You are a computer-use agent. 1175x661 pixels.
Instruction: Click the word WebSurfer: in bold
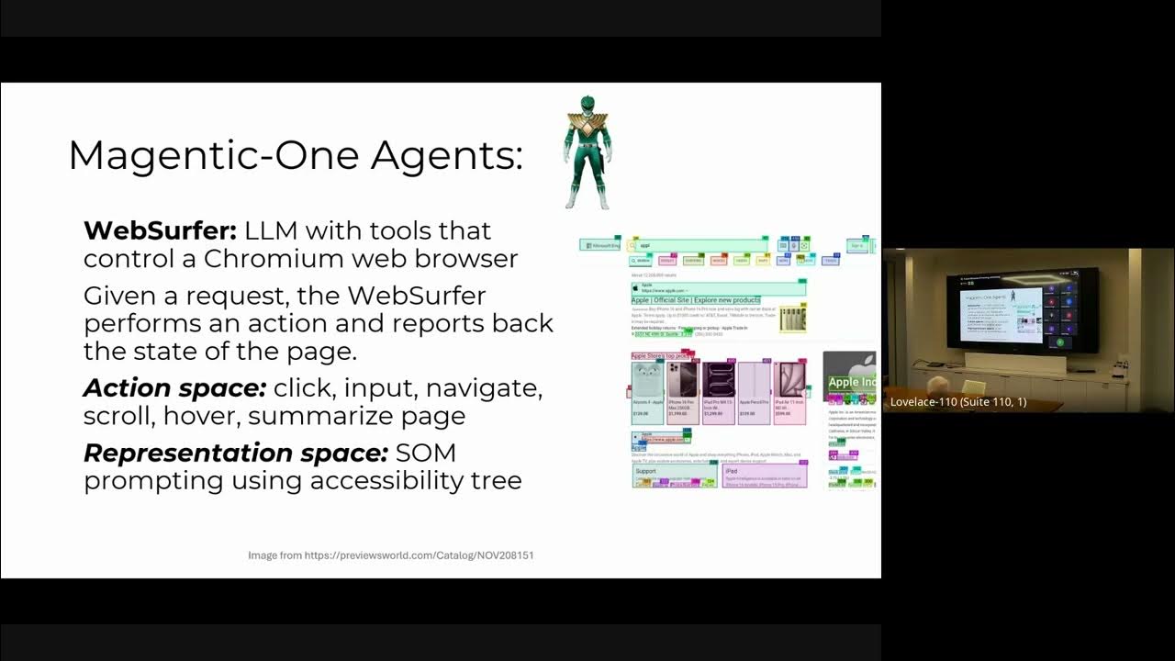[x=161, y=230]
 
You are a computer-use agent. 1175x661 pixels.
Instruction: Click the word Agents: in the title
[x=447, y=155]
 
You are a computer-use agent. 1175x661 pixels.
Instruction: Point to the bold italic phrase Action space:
[x=174, y=387]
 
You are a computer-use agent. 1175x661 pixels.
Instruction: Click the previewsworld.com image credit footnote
[x=391, y=555]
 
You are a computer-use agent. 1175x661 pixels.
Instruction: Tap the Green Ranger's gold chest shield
[x=587, y=123]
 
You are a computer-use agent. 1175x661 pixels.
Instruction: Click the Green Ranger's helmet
[x=587, y=104]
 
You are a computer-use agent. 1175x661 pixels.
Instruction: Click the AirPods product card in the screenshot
[x=647, y=392]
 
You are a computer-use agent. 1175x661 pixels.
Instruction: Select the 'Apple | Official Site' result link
[x=696, y=300]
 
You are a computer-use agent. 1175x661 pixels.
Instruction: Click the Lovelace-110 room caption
[x=958, y=402]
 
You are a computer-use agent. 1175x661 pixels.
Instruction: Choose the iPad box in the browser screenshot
[x=765, y=476]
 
